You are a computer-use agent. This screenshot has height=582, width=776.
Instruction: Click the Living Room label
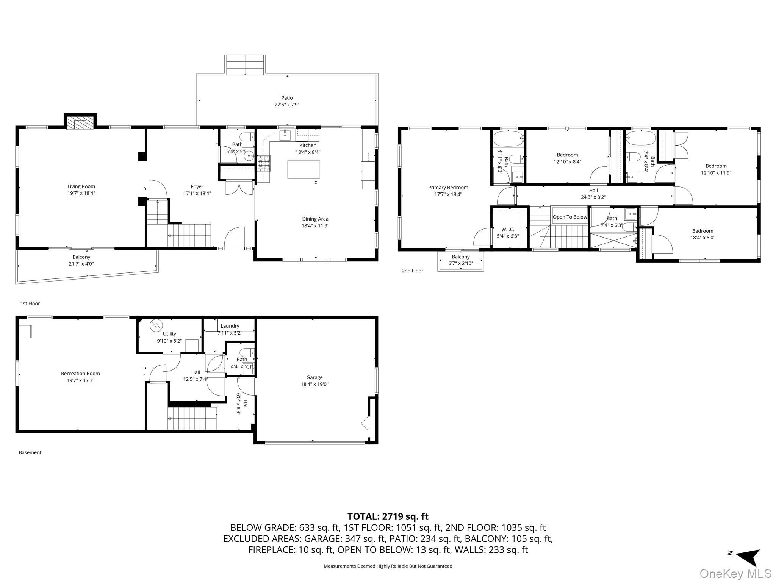pos(81,186)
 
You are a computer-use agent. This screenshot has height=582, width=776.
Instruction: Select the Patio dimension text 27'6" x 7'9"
pos(287,105)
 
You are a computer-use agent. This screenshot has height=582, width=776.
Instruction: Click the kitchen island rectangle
pos(304,169)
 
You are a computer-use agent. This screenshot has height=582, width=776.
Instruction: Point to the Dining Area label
pos(315,219)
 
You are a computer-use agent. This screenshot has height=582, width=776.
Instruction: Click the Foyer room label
pos(197,186)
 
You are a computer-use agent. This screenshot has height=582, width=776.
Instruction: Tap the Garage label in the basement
pos(314,377)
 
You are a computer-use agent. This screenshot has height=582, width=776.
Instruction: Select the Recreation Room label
pos(80,374)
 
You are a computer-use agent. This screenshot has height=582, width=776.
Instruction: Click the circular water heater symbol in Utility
pos(156,325)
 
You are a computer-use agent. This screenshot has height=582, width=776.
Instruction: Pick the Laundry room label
pos(230,326)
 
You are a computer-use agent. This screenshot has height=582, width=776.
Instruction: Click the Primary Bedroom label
pos(448,188)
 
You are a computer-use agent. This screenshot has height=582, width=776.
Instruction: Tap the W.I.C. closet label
pos(507,229)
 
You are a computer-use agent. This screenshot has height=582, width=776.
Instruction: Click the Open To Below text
pos(569,217)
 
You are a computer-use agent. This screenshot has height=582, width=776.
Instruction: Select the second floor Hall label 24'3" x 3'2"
pos(593,194)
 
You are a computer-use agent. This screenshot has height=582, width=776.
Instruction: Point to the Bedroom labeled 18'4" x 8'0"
pos(702,234)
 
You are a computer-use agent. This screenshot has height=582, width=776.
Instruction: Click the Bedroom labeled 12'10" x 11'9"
pos(716,169)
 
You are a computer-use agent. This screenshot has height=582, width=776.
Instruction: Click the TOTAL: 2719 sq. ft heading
pos(388,516)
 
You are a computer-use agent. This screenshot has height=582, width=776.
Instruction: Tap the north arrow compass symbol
pos(747,557)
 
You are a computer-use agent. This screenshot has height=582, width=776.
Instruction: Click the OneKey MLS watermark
pos(735,574)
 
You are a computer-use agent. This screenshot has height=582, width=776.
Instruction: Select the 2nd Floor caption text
pos(412,271)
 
